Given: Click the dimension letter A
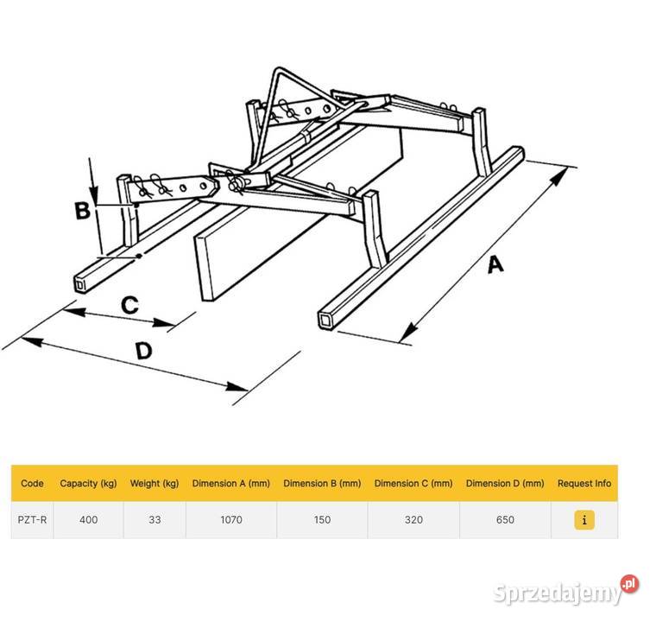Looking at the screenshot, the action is click(x=495, y=265).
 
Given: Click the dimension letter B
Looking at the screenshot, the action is click(x=82, y=210).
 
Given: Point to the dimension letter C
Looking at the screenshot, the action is click(x=129, y=305).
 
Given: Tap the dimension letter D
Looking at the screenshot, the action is click(x=144, y=351).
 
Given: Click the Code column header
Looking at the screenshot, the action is click(x=32, y=484).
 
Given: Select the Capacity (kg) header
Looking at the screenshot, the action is click(x=88, y=484).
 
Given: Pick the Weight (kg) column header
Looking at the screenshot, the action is click(x=155, y=484).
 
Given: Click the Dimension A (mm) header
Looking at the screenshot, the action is click(x=231, y=484).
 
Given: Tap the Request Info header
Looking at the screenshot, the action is click(x=584, y=484).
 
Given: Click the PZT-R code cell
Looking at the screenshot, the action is click(x=32, y=520).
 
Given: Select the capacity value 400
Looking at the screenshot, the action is click(x=88, y=520).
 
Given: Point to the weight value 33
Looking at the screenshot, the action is click(x=155, y=520).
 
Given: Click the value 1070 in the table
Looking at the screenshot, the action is click(x=231, y=520).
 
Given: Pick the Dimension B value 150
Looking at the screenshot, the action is click(x=322, y=520).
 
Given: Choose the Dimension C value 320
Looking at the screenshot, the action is click(x=413, y=520).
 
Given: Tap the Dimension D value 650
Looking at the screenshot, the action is click(x=505, y=520).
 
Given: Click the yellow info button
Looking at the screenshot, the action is click(x=584, y=520).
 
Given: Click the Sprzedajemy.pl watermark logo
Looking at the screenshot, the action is click(x=565, y=591).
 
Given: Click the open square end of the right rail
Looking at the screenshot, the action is click(x=325, y=321).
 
